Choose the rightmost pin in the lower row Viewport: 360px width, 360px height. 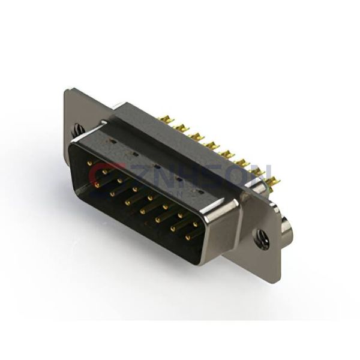click(x=188, y=236)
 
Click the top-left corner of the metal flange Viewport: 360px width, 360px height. click(x=66, y=90)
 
